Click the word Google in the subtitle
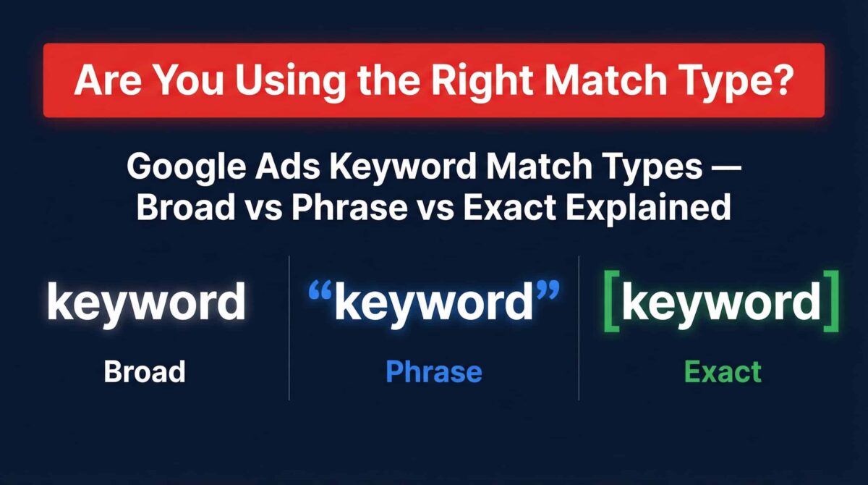coord(186,167)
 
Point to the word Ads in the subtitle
coord(288,166)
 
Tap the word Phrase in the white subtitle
coord(349,208)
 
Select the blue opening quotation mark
coord(320,291)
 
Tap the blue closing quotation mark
coord(547,291)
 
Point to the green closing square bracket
coord(831,301)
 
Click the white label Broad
coord(145,371)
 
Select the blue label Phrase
coord(434,371)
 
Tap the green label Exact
coord(723,371)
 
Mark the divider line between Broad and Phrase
coord(289,328)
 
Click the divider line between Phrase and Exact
coord(579,328)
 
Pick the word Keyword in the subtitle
coord(403,167)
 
